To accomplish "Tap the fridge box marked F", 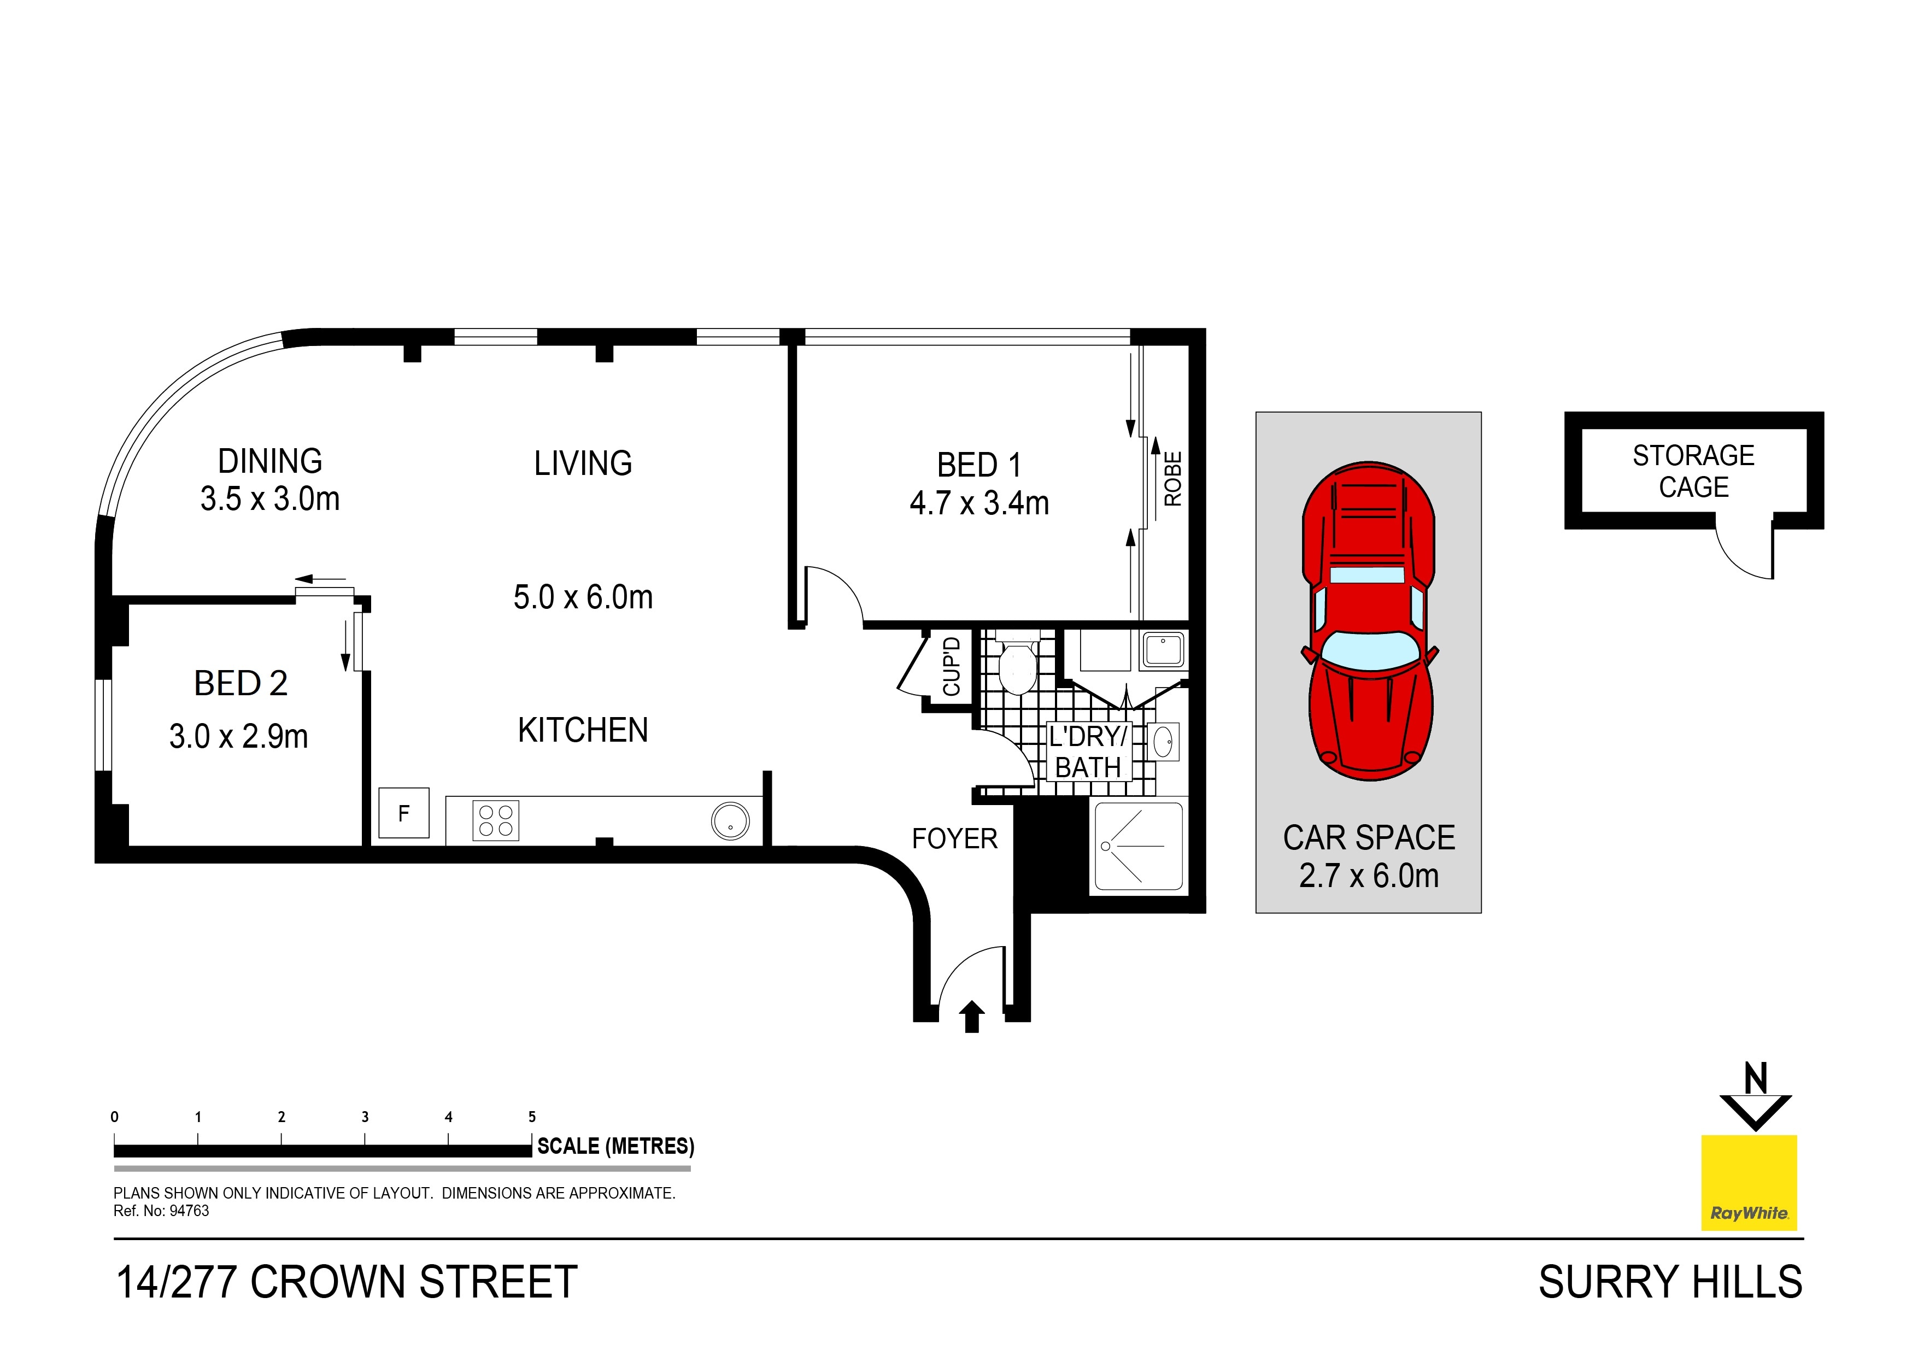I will [x=403, y=813].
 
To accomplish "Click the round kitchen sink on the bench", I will [x=730, y=821].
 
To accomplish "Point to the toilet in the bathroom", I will [x=1017, y=668].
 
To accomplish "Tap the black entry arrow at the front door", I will [x=971, y=1017].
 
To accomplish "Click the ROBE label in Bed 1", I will [x=1173, y=479].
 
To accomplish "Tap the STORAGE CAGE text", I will [x=1693, y=471].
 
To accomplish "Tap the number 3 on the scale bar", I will [x=365, y=1117].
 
